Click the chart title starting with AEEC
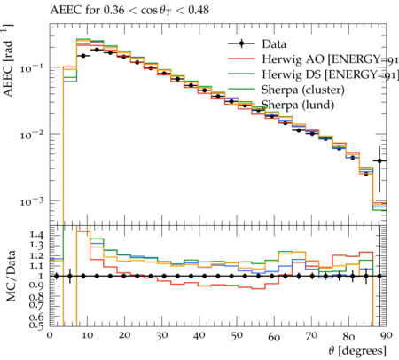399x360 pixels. [x=129, y=11]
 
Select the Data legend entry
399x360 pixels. [x=274, y=44]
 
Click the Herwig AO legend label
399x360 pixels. [x=330, y=59]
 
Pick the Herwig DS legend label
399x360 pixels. [x=330, y=74]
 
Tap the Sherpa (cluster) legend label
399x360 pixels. [x=303, y=90]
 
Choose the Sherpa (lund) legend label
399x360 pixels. [x=298, y=105]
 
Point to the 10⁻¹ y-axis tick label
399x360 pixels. [x=31, y=68]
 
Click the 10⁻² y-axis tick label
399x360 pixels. [x=31, y=136]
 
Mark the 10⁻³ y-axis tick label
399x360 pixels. [x=31, y=202]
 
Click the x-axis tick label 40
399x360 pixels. [x=199, y=335]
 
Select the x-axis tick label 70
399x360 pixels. [x=311, y=335]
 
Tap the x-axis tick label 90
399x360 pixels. [x=387, y=335]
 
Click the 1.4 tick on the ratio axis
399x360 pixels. [x=36, y=235]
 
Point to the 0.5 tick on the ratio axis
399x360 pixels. [x=36, y=325]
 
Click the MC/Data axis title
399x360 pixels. [x=11, y=276]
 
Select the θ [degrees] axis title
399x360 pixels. [x=357, y=351]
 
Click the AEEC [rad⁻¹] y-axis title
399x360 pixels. [x=8, y=60]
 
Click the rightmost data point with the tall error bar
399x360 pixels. [x=379, y=160]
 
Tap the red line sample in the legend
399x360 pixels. [x=241, y=59]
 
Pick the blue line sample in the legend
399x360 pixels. [x=241, y=74]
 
